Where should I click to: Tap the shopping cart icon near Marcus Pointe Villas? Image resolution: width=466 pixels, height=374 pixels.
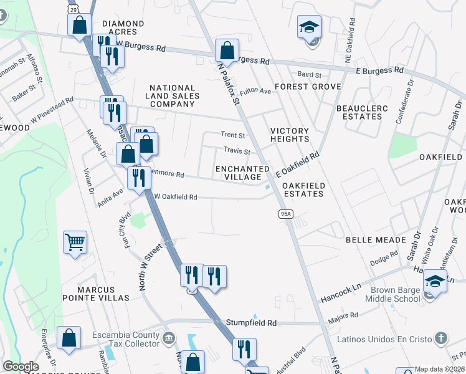tap(75, 242)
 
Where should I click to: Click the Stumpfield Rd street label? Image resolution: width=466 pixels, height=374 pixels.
tap(252, 324)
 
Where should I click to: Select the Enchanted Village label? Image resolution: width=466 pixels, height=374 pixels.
tap(242, 173)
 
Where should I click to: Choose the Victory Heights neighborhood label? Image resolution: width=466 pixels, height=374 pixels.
tap(290, 135)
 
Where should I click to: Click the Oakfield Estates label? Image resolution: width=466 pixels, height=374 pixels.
tap(303, 189)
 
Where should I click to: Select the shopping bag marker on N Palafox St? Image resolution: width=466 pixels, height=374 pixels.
tap(227, 50)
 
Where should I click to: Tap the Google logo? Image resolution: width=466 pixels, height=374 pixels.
tap(21, 367)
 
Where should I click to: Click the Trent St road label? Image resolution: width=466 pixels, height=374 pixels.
tap(234, 135)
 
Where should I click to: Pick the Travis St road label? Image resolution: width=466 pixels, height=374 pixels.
tap(237, 151)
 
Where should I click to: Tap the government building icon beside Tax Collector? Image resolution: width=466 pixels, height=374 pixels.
tap(168, 338)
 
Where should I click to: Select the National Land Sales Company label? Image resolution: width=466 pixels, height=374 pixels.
tap(173, 96)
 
